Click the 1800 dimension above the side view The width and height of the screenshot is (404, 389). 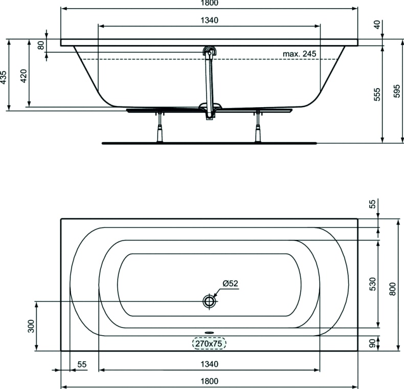click(209, 4)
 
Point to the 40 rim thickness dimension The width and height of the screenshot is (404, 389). click(378, 24)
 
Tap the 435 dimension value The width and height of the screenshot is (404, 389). click(4, 77)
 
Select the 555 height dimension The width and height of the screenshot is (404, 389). click(377, 95)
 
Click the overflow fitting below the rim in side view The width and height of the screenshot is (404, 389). click(210, 51)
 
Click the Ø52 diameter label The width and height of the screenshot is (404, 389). click(231, 283)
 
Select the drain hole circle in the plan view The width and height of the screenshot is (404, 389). click(209, 301)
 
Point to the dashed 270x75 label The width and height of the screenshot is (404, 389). click(209, 344)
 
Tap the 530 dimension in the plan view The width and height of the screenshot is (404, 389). click(373, 283)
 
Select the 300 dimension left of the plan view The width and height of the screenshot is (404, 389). click(31, 326)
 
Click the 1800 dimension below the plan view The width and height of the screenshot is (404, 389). click(209, 381)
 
